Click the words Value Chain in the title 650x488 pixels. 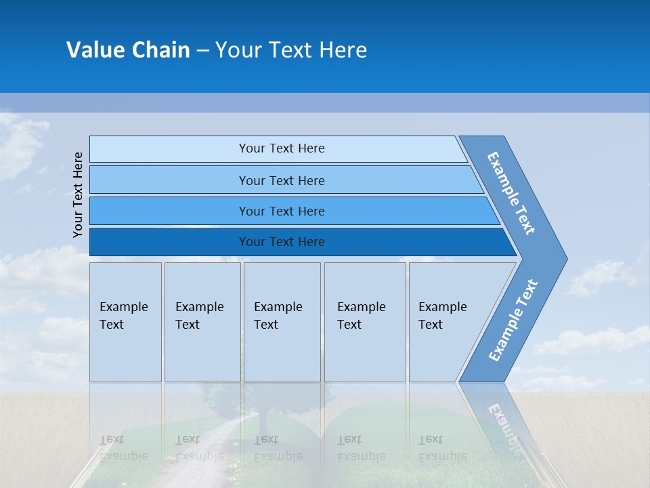point(128,50)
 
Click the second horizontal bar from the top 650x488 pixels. point(281,180)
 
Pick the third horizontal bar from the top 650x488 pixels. point(281,211)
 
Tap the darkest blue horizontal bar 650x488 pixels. point(281,242)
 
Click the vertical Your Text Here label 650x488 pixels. point(78,195)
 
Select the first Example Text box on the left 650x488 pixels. point(125,322)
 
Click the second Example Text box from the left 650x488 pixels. point(202,322)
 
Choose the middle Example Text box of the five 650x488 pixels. point(282,322)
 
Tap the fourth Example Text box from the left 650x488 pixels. point(364,322)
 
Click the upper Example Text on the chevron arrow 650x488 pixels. point(511,192)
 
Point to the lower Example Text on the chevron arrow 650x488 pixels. point(513,320)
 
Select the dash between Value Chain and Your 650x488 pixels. point(202,51)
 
